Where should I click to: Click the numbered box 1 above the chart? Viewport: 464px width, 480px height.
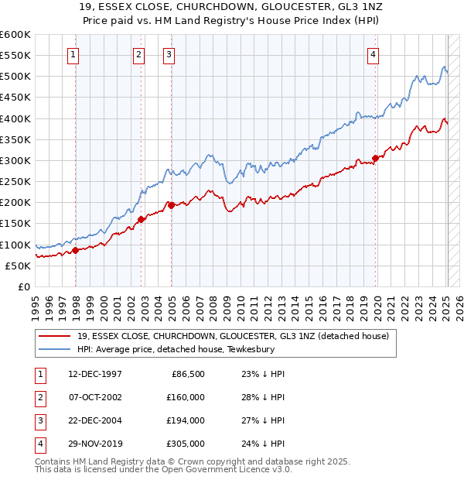click(x=72, y=54)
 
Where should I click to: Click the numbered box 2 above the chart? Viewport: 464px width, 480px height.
click(x=138, y=54)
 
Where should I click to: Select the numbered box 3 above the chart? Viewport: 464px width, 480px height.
click(x=168, y=54)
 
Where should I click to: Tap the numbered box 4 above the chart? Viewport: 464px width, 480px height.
click(x=373, y=54)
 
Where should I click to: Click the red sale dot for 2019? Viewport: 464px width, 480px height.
click(x=375, y=158)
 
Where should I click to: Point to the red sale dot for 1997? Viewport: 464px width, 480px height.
click(x=76, y=250)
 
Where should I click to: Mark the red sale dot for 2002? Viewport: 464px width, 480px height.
click(x=142, y=219)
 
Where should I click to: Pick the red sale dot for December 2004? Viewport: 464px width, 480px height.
click(x=172, y=205)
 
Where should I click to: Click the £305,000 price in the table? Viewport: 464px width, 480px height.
click(x=186, y=444)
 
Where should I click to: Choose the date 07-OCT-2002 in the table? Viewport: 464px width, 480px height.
click(x=95, y=397)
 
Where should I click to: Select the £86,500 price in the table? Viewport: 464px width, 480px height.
click(x=188, y=374)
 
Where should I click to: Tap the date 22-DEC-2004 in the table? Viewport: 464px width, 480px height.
click(x=95, y=420)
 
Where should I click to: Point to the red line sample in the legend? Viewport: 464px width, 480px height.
click(x=54, y=335)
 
